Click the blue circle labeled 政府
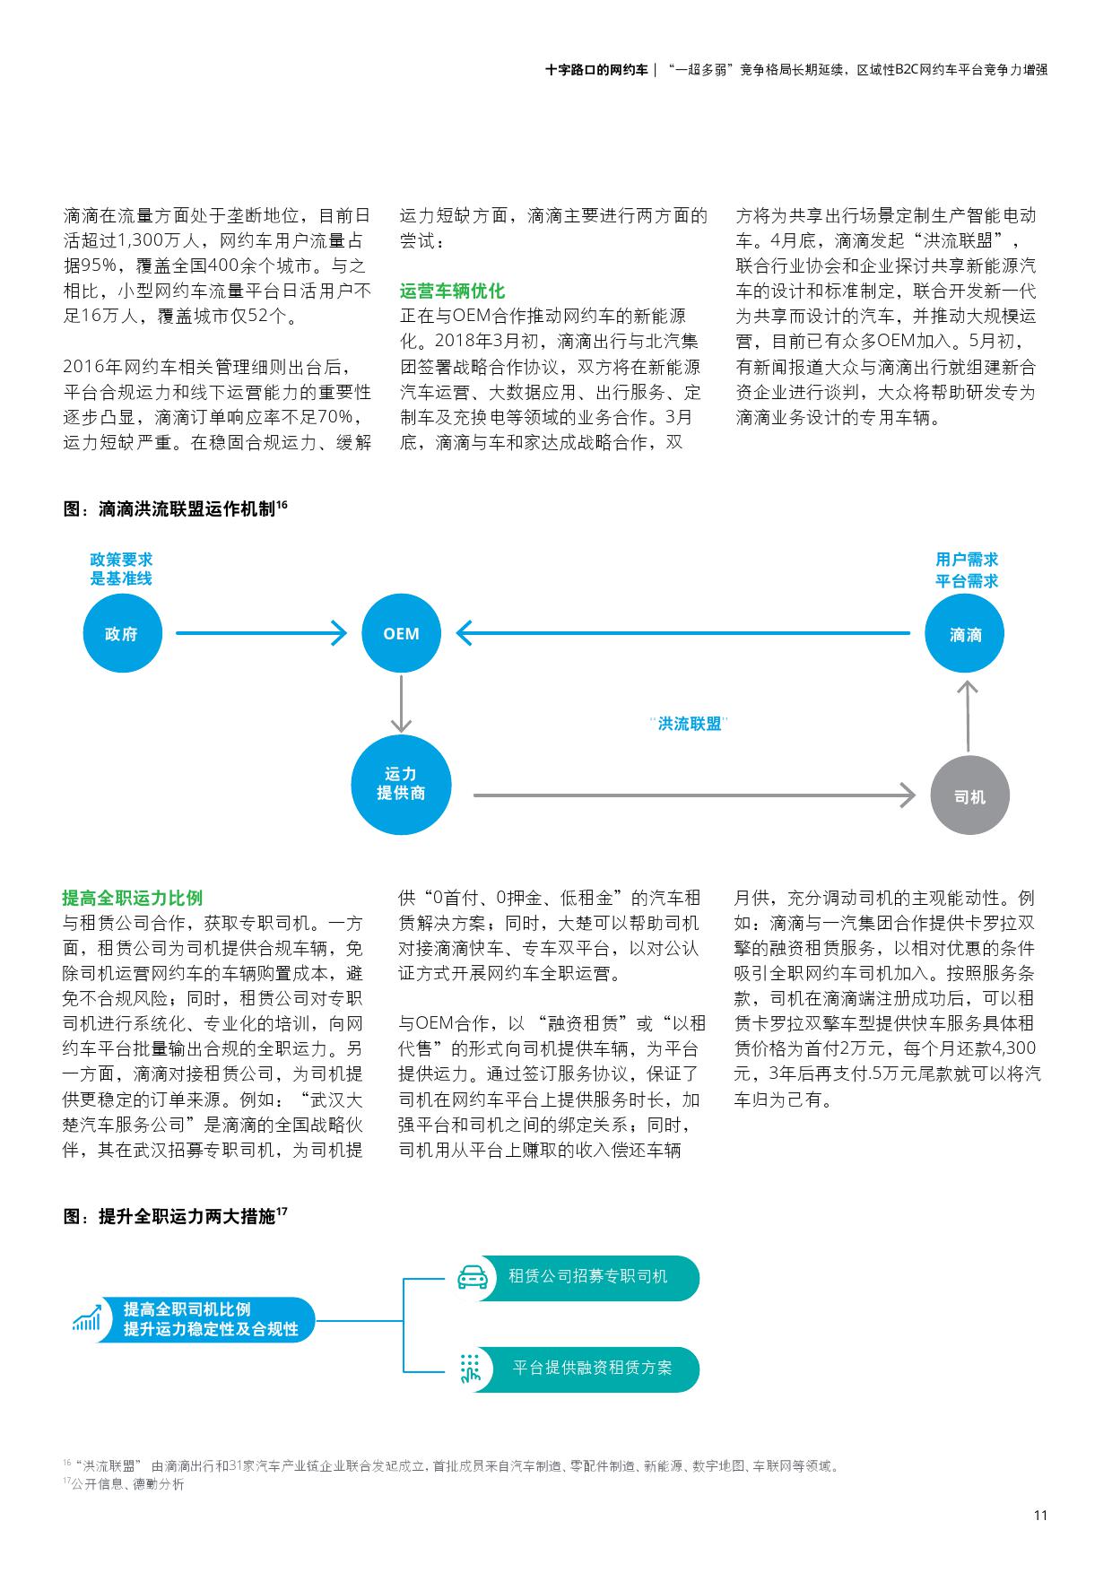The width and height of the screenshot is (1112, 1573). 122,633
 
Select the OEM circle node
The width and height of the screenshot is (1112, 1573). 401,633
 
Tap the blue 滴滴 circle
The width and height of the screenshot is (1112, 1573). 965,634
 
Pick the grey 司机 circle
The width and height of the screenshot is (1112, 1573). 969,795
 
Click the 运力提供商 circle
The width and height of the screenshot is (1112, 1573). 400,784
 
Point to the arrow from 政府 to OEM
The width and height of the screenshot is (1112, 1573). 260,633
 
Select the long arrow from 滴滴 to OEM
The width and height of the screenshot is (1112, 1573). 682,633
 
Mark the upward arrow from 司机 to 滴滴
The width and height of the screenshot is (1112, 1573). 966,715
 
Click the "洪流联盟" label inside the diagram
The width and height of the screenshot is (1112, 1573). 689,724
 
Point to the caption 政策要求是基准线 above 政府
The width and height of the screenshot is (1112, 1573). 120,569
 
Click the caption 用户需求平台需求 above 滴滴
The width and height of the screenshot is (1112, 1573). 966,570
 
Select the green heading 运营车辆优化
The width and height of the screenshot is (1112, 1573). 452,291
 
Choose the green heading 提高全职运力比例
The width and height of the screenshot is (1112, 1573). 132,898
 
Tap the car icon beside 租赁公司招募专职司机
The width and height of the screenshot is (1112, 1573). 473,1277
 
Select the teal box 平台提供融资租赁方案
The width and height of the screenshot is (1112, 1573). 592,1369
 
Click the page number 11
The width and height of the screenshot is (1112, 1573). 1040,1516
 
